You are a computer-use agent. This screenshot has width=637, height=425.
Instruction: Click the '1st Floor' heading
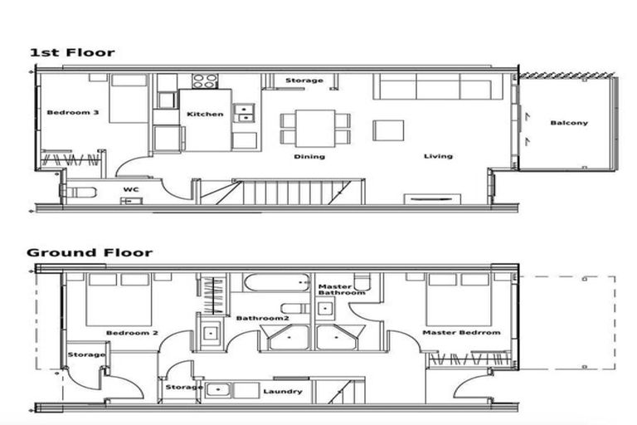point(72,52)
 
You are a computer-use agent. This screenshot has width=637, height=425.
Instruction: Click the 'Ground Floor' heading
point(90,252)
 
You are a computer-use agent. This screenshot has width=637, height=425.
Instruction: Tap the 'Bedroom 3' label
point(73,113)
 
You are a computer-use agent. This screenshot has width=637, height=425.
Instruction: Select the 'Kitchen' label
point(205,114)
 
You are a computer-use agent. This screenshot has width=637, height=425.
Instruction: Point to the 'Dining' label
point(309,156)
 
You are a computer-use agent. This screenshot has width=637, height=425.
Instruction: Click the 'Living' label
point(438,156)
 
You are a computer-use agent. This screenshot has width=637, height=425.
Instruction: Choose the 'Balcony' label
point(569,123)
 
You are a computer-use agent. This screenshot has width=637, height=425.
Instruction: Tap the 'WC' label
point(130,189)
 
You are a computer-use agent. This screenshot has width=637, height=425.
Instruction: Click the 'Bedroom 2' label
point(132,333)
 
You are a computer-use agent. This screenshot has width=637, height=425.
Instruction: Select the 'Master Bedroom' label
point(461,333)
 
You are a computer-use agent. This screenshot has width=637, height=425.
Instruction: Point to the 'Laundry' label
point(282,392)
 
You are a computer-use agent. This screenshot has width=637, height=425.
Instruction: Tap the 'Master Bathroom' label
point(341,290)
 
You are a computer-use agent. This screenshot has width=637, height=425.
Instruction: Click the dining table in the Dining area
point(315,129)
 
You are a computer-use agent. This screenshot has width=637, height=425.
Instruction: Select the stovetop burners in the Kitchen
point(205,81)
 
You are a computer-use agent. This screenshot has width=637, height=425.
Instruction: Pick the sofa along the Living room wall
point(436,87)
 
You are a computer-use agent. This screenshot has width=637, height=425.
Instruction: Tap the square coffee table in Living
point(388,130)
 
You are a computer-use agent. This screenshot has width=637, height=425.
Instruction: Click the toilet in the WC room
point(79,192)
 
